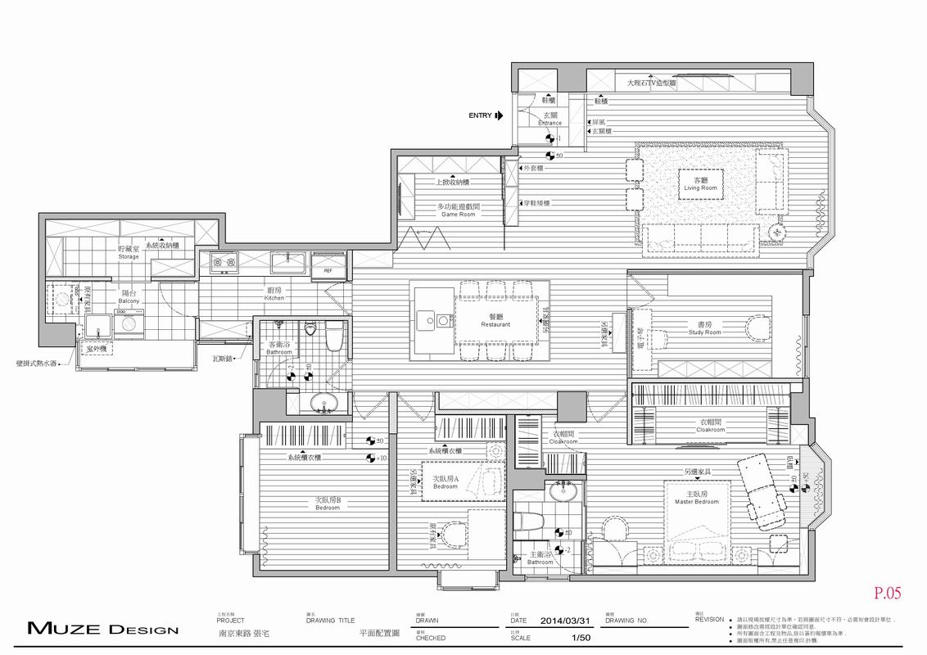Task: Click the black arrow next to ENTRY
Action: pyautogui.click(x=499, y=116)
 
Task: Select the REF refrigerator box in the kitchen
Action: pyautogui.click(x=328, y=269)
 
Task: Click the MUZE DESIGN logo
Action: pyautogui.click(x=102, y=630)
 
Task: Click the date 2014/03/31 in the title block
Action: pyautogui.click(x=567, y=621)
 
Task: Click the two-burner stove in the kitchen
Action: pyautogui.click(x=223, y=262)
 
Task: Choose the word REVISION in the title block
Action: pyautogui.click(x=709, y=620)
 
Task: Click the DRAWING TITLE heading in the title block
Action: pyautogui.click(x=330, y=621)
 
